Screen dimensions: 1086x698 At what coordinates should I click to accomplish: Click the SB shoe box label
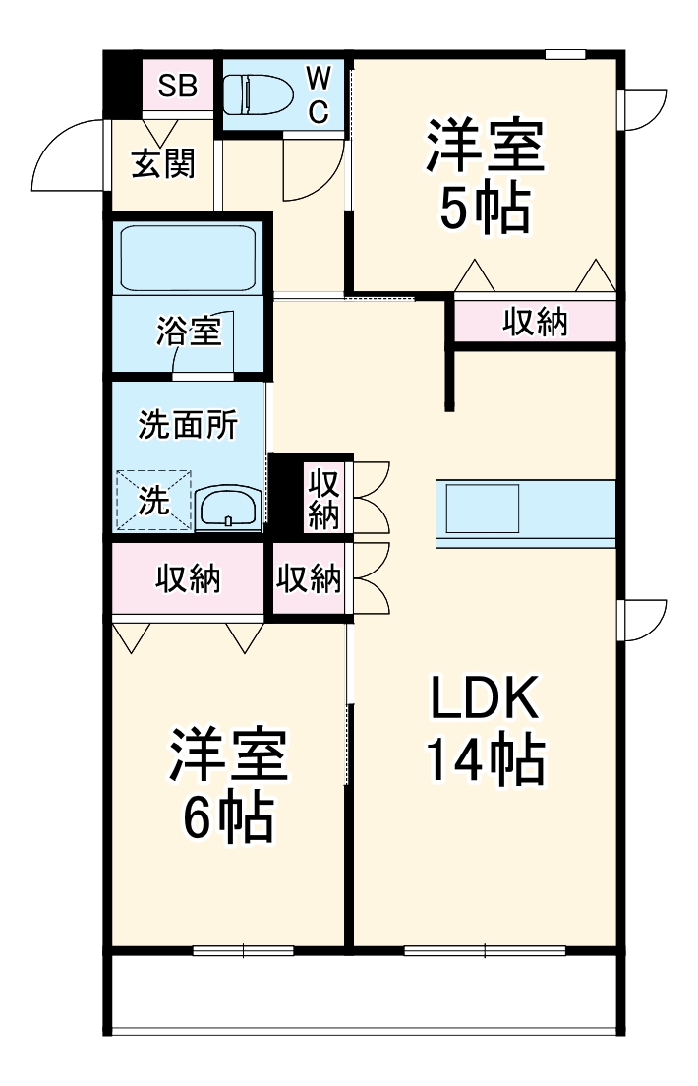(178, 86)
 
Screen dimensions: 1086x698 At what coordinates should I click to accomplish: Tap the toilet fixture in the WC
(258, 94)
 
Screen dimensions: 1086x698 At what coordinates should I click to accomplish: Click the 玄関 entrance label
(163, 163)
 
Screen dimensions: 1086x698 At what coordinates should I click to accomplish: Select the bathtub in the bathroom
(187, 258)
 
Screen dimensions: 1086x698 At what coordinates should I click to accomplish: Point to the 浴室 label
(188, 332)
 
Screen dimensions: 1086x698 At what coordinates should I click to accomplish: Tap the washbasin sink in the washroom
(228, 508)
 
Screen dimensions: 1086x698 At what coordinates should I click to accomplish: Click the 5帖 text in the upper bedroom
(484, 209)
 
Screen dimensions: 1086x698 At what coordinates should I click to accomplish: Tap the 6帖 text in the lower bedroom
(228, 817)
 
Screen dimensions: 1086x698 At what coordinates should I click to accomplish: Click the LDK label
(484, 700)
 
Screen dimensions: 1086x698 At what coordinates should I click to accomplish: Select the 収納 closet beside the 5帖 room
(536, 321)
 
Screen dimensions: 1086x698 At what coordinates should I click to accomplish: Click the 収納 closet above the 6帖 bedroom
(188, 579)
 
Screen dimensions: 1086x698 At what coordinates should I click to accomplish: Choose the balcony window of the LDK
(485, 950)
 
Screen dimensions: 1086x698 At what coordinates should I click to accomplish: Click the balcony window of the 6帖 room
(243, 950)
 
